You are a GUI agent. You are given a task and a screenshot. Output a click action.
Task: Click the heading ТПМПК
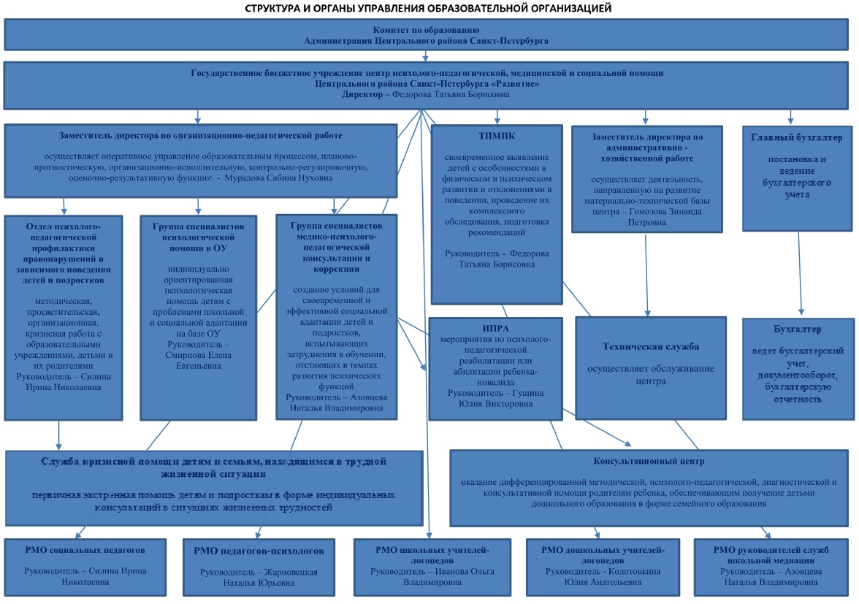click(497, 136)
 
